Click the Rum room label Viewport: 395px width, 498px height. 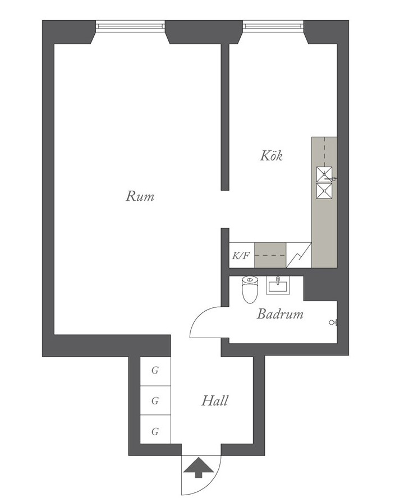pyautogui.click(x=140, y=196)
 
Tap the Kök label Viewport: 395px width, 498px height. pyautogui.click(x=271, y=155)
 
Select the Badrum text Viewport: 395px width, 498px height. pyautogui.click(x=279, y=314)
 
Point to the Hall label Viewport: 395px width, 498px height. pyautogui.click(x=215, y=400)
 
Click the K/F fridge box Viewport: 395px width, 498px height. pyautogui.click(x=241, y=255)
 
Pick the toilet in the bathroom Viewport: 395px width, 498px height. pyautogui.click(x=250, y=289)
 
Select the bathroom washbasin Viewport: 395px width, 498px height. pyautogui.click(x=278, y=285)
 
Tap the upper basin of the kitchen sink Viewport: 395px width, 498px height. pyautogui.click(x=324, y=174)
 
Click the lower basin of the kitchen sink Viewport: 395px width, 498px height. pyautogui.click(x=324, y=191)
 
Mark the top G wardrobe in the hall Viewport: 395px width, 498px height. pyautogui.click(x=155, y=371)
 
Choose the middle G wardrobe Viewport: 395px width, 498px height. pyautogui.click(x=155, y=400)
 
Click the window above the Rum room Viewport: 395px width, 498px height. pyautogui.click(x=130, y=25)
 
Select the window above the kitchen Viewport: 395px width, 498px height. pyautogui.click(x=273, y=25)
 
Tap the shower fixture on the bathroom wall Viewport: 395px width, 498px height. pyautogui.click(x=333, y=322)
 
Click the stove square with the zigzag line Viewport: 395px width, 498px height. pyautogui.click(x=298, y=255)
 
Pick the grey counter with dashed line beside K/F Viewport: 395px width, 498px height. pyautogui.click(x=270, y=255)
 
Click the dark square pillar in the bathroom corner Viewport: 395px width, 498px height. pyautogui.click(x=320, y=288)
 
